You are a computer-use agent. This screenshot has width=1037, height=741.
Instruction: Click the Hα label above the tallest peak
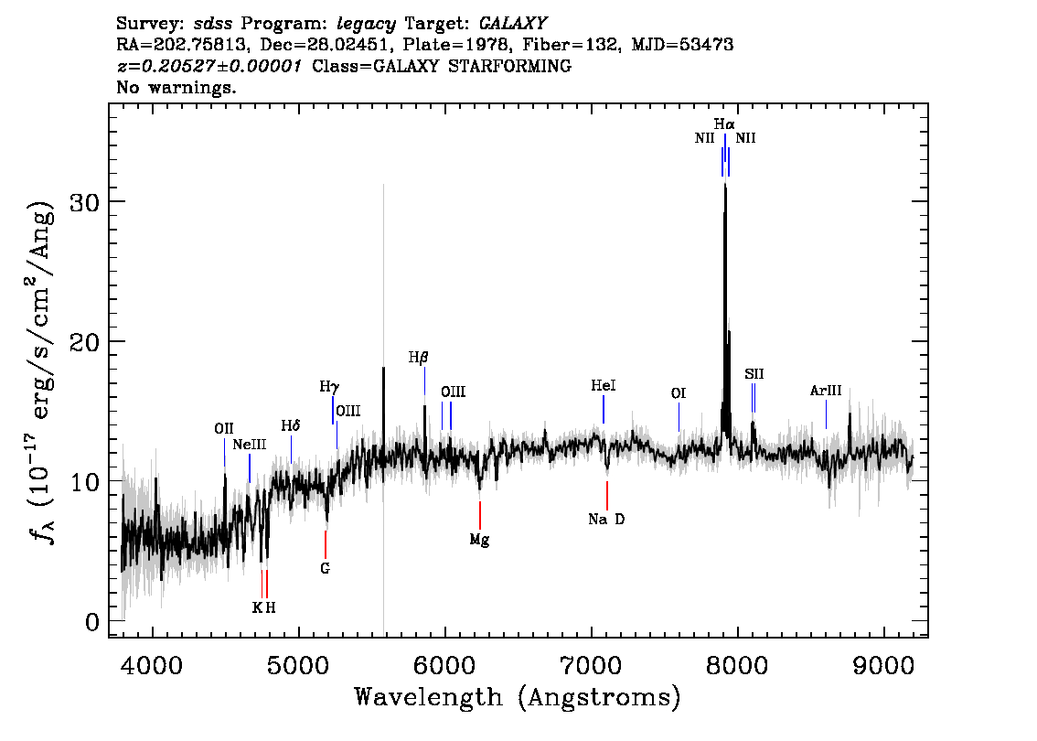pos(724,124)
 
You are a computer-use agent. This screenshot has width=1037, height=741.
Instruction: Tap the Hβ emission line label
pos(418,358)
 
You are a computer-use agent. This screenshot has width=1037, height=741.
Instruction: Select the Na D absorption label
pos(606,520)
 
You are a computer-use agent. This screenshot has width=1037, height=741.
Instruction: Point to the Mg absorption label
pos(479,540)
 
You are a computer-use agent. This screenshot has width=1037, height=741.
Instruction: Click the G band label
pos(325,568)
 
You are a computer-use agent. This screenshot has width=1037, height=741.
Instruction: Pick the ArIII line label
pos(826,391)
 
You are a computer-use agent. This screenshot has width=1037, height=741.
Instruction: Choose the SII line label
pos(754,374)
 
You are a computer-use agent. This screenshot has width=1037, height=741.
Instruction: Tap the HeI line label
pos(604,385)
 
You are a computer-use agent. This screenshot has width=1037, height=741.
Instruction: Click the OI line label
pos(679,393)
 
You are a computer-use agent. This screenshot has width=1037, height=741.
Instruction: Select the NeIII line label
pos(250,445)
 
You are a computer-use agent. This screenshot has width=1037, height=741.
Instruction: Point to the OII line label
pos(224,429)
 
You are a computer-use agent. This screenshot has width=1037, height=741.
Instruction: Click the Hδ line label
pos(290,425)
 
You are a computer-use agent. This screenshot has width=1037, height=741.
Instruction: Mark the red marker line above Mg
pos(480,515)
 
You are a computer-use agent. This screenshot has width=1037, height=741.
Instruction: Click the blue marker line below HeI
pos(604,410)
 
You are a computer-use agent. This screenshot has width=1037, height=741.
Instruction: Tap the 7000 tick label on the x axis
pos(592,665)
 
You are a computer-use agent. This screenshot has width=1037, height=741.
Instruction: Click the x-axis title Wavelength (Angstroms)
pos(518,697)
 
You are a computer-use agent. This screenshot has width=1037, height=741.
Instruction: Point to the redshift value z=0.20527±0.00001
pos(209,66)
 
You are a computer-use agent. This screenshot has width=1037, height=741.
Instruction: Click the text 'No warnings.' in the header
pos(176,87)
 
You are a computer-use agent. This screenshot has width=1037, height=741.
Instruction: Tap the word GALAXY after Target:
pos(512,24)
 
